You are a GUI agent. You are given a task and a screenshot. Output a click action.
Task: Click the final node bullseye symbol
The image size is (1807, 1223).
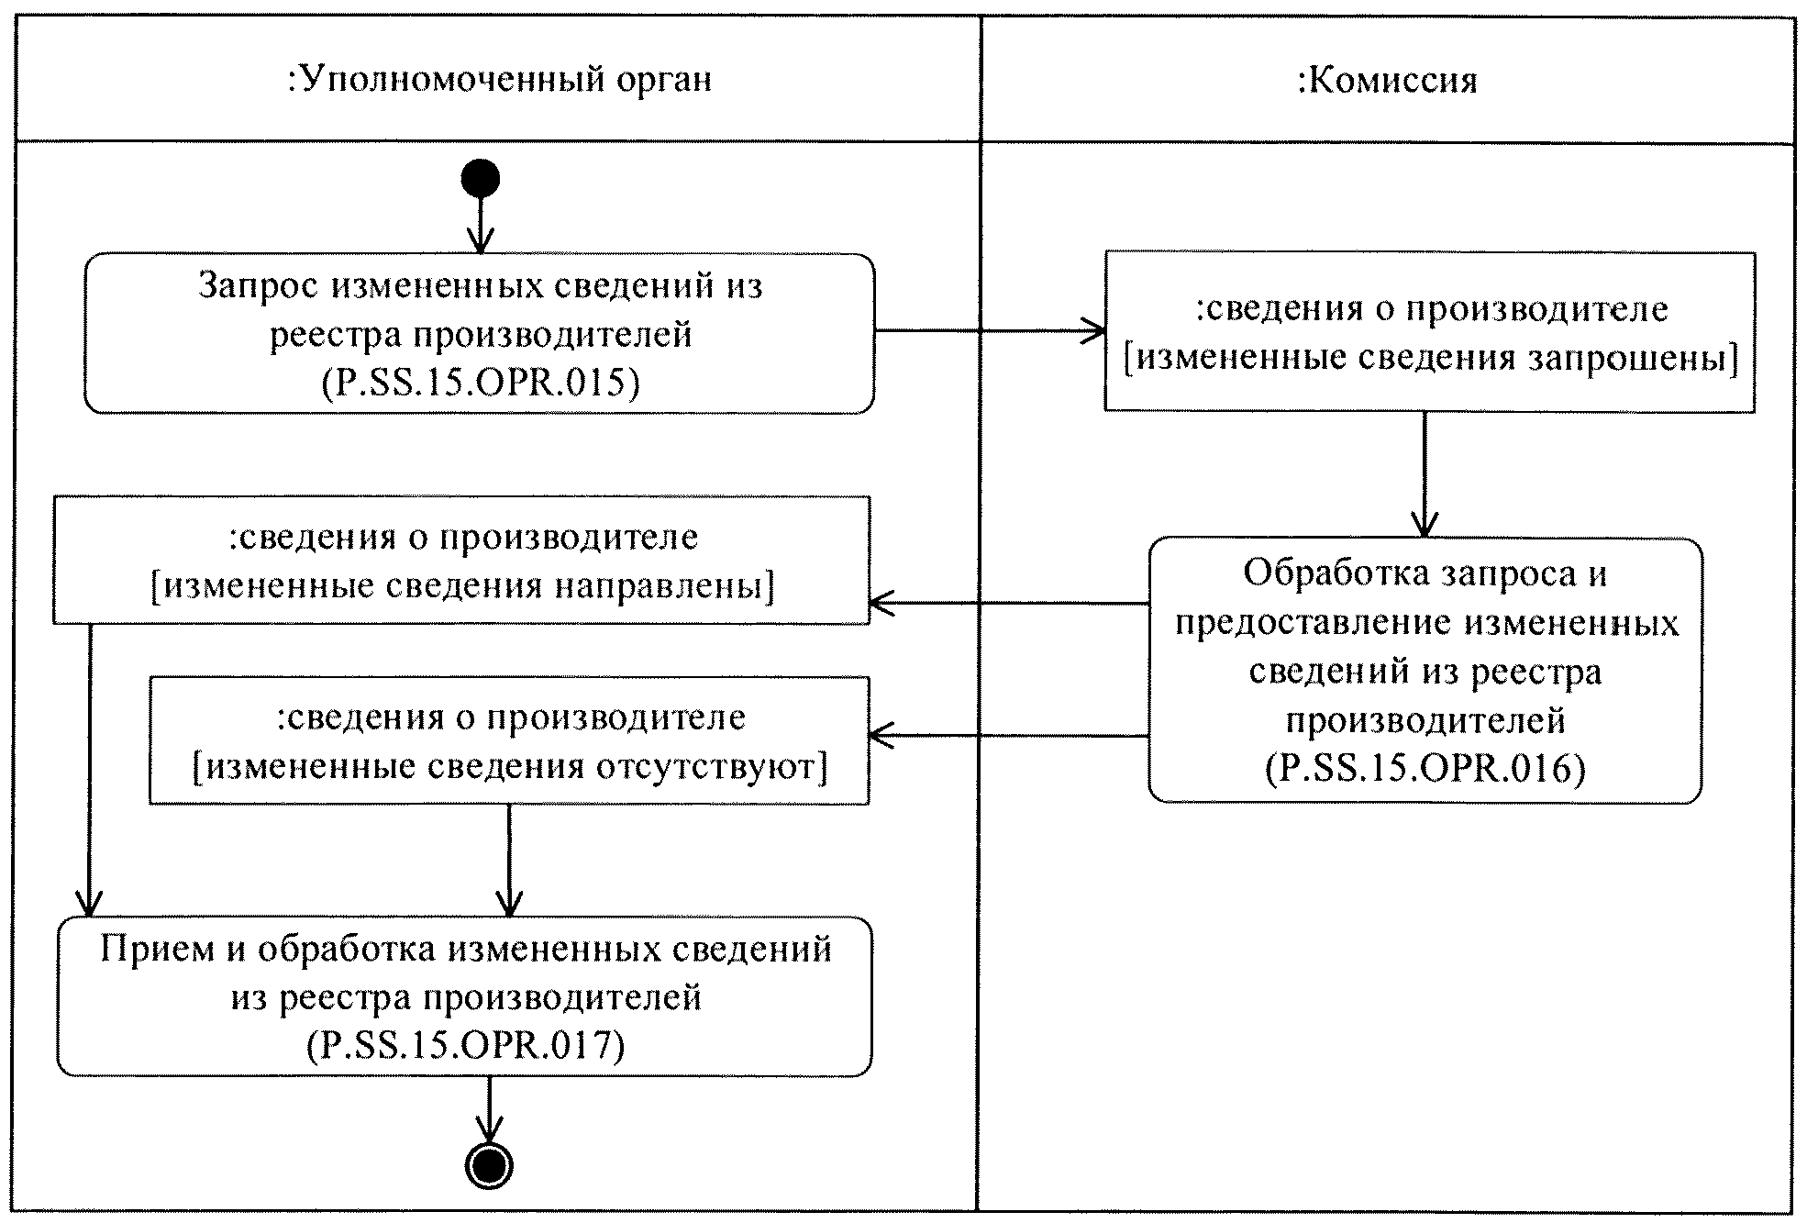[x=489, y=1166]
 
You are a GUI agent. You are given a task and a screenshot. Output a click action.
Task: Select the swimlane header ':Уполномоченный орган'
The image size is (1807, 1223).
[x=500, y=81]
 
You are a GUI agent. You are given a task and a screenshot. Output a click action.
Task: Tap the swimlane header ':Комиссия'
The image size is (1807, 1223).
[x=1387, y=81]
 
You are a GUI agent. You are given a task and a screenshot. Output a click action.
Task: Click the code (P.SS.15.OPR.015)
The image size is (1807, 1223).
[x=480, y=383]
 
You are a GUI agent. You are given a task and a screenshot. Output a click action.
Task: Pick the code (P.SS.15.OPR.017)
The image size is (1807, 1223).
[x=465, y=1045]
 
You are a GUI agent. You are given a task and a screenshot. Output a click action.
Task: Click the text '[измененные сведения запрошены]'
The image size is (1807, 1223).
[x=1431, y=358]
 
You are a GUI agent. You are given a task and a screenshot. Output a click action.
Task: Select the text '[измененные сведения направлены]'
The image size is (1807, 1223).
[x=462, y=585]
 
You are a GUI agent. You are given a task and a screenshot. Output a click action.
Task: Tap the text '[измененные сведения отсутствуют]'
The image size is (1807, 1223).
[x=510, y=766]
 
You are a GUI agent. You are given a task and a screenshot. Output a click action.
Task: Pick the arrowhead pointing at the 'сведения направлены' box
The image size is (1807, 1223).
[x=881, y=604]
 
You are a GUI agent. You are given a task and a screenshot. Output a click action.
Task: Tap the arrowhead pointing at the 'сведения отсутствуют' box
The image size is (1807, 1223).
[x=881, y=735]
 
